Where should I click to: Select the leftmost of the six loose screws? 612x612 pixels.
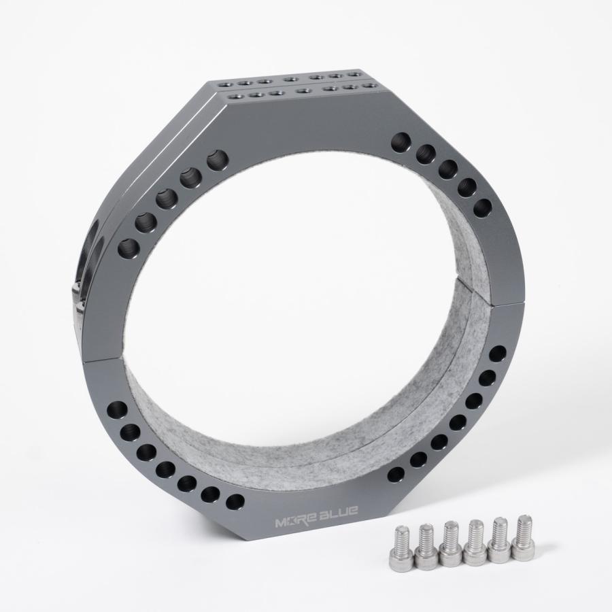point(404,548)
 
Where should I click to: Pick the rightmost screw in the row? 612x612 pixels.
point(522,537)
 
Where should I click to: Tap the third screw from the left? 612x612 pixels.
point(450,544)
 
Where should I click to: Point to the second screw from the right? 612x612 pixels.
point(500,540)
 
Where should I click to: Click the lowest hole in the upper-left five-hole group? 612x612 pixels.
point(127,248)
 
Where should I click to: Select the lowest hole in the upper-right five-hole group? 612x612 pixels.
point(482,207)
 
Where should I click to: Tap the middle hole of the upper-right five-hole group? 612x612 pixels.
point(447,169)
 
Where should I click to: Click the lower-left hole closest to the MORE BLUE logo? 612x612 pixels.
point(235,503)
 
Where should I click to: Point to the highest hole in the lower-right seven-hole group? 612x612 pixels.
point(498,354)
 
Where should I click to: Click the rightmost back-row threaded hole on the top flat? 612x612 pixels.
point(354,73)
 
